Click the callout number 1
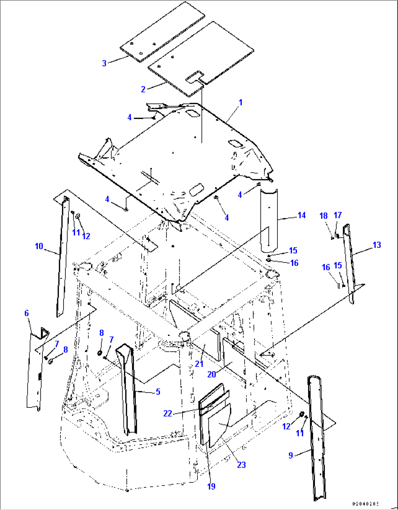pyautogui.click(x=241, y=103)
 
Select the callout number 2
pyautogui.click(x=143, y=89)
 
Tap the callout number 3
pyautogui.click(x=104, y=63)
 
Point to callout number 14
pyautogui.click(x=302, y=215)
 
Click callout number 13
pyautogui.click(x=376, y=245)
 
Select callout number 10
pyautogui.click(x=39, y=246)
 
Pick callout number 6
pyautogui.click(x=27, y=313)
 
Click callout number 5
pyautogui.click(x=158, y=392)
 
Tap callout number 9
pyautogui.click(x=291, y=455)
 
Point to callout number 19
pyautogui.click(x=211, y=486)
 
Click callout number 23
pyautogui.click(x=241, y=465)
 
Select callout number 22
pyautogui.click(x=168, y=413)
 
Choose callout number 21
pyautogui.click(x=199, y=364)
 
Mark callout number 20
pyautogui.click(x=212, y=374)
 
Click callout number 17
pyautogui.click(x=338, y=215)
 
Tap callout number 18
pyautogui.click(x=324, y=216)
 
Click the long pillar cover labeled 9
pyautogui.click(x=315, y=438)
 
